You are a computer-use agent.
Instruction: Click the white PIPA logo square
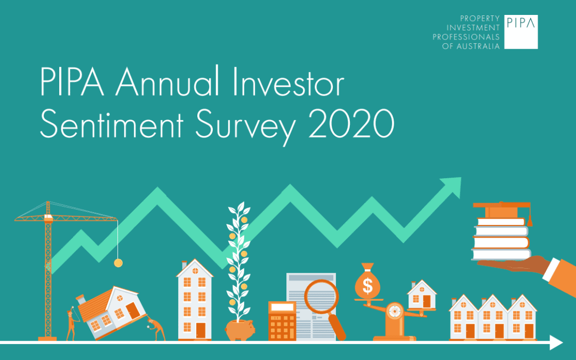coord(521,32)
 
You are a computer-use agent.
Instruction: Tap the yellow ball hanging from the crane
coord(118,262)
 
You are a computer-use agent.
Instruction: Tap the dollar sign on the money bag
coord(367,287)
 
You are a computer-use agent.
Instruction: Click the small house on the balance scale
coord(421,294)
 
